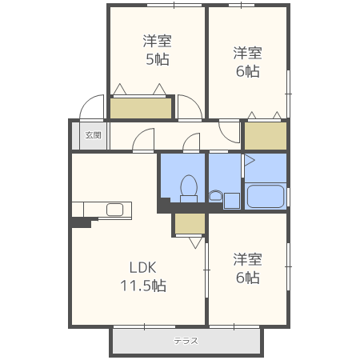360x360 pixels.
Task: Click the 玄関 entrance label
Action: (93, 135)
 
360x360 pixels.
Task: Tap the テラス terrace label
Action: (186, 341)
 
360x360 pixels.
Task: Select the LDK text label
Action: (142, 267)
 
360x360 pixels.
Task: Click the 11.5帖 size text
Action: (143, 286)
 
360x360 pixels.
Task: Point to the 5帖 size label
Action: (158, 59)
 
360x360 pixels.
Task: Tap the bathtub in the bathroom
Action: (266, 197)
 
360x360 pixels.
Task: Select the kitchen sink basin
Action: (114, 210)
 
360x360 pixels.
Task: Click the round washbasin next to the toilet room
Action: (215, 195)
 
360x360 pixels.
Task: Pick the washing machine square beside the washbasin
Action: (231, 201)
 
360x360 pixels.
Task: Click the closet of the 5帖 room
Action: (141, 108)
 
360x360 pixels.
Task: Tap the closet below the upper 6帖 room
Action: (266, 136)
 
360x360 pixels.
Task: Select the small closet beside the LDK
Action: (190, 224)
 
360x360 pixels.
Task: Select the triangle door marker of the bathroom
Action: (250, 161)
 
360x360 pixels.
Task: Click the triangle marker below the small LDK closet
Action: (195, 242)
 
